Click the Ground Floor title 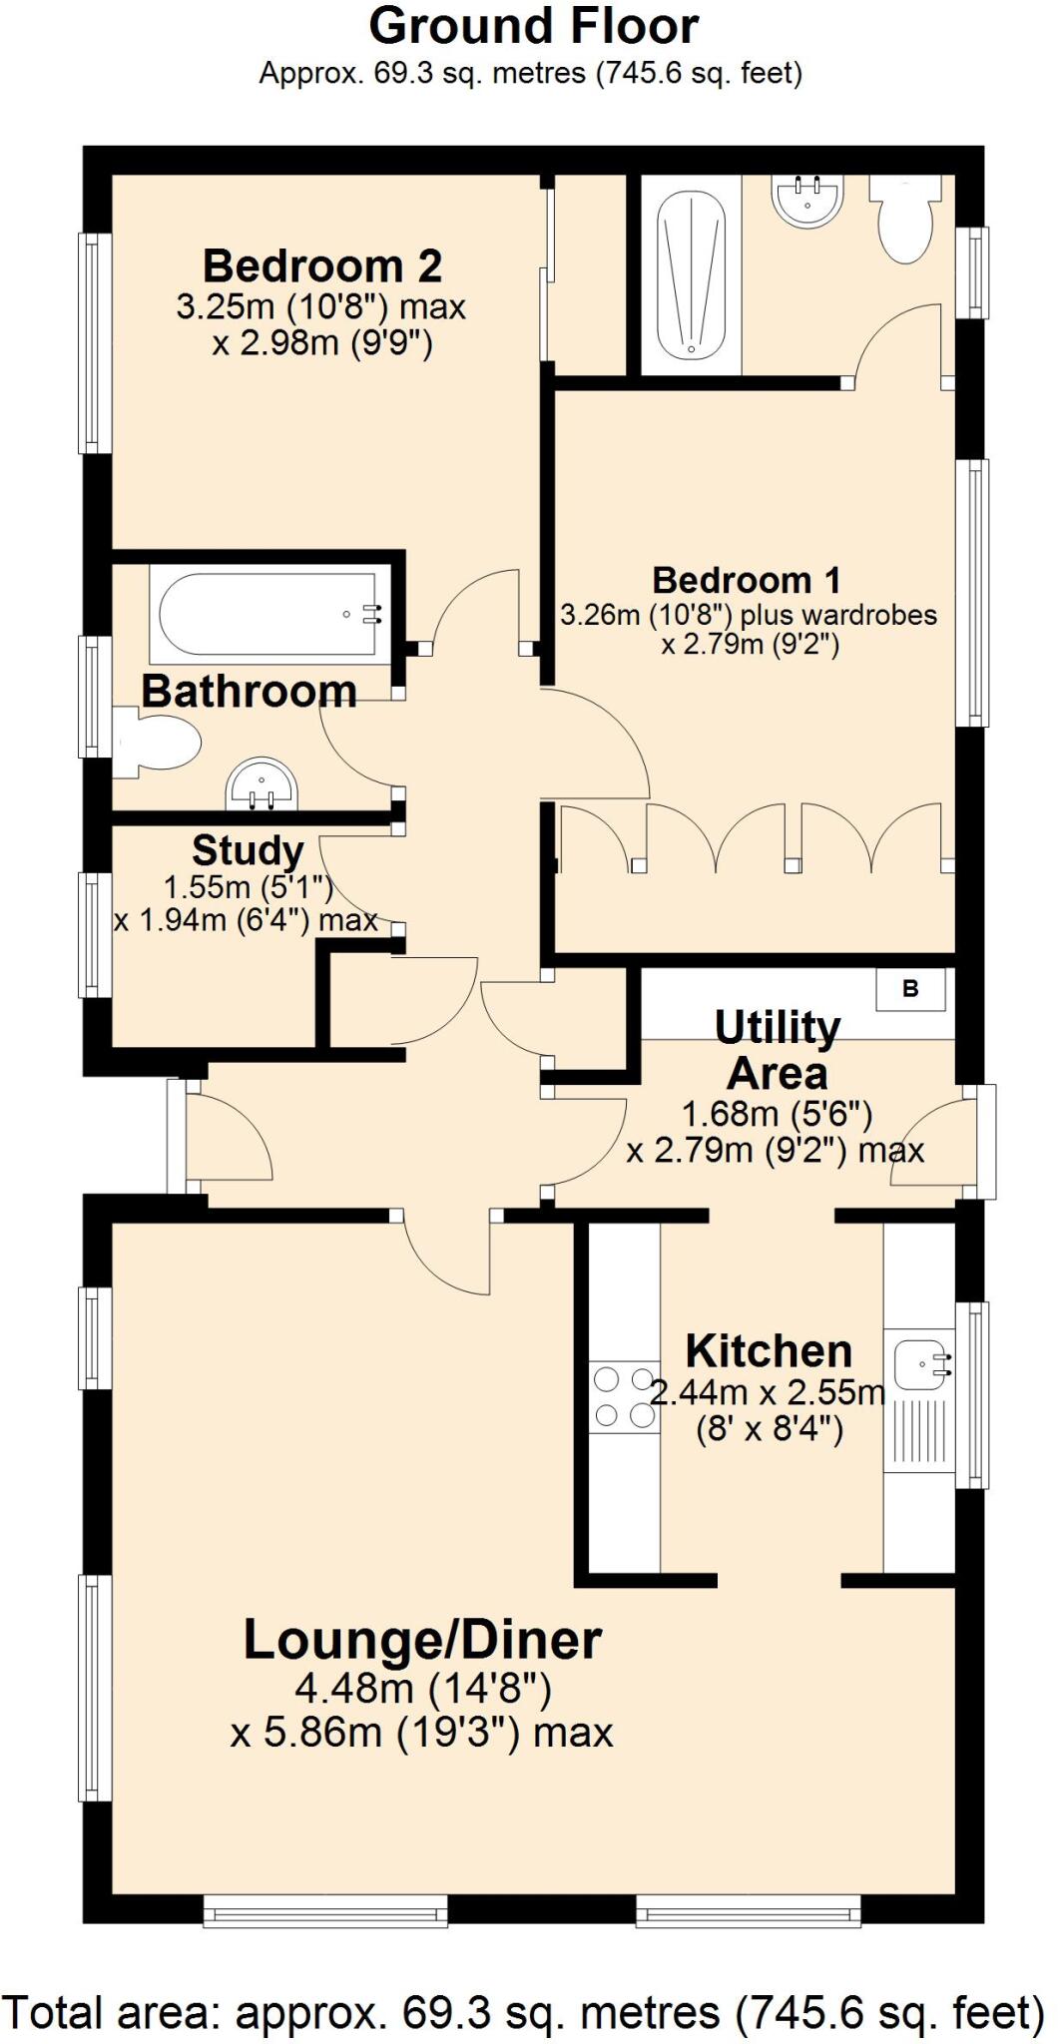pyautogui.click(x=533, y=27)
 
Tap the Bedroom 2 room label pyautogui.click(x=321, y=266)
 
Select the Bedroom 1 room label pyautogui.click(x=747, y=580)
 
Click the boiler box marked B pyautogui.click(x=910, y=989)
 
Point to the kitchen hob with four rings pyautogui.click(x=624, y=1397)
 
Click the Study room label pyautogui.click(x=248, y=851)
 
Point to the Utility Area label pyautogui.click(x=777, y=1051)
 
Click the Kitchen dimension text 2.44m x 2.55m pyautogui.click(x=768, y=1392)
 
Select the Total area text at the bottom pyautogui.click(x=523, y=2011)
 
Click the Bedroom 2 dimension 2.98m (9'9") pyautogui.click(x=321, y=344)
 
